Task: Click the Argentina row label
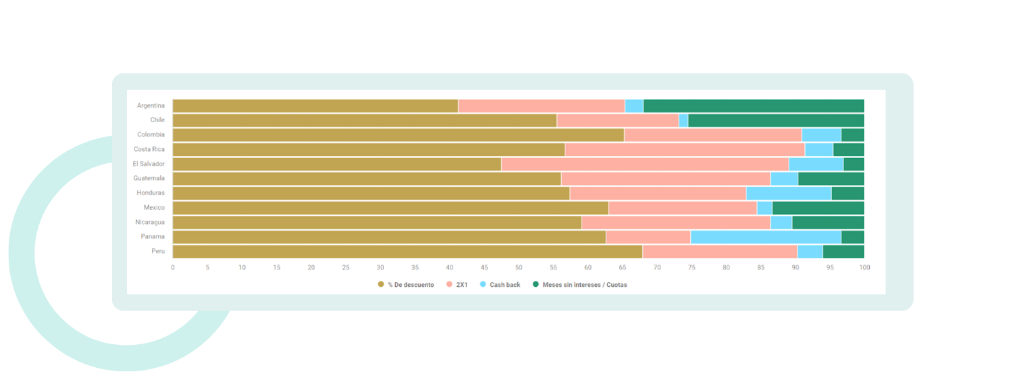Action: point(151,106)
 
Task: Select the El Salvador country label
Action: point(149,164)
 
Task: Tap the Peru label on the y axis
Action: point(158,251)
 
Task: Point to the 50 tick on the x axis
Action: point(519,268)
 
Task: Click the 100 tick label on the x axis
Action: point(864,268)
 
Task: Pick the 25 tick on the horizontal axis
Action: point(346,268)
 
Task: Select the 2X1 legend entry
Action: point(461,285)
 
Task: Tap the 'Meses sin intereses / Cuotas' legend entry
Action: point(584,285)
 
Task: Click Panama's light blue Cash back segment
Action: point(766,237)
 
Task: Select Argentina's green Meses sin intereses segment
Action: point(754,106)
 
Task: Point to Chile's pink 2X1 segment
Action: point(617,120)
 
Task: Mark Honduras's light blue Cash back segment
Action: point(789,193)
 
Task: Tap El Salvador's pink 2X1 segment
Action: point(645,164)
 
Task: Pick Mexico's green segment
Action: point(818,208)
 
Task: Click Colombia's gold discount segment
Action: point(398,135)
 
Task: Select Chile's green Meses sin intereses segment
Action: point(776,120)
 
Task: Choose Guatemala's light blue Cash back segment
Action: point(784,179)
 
